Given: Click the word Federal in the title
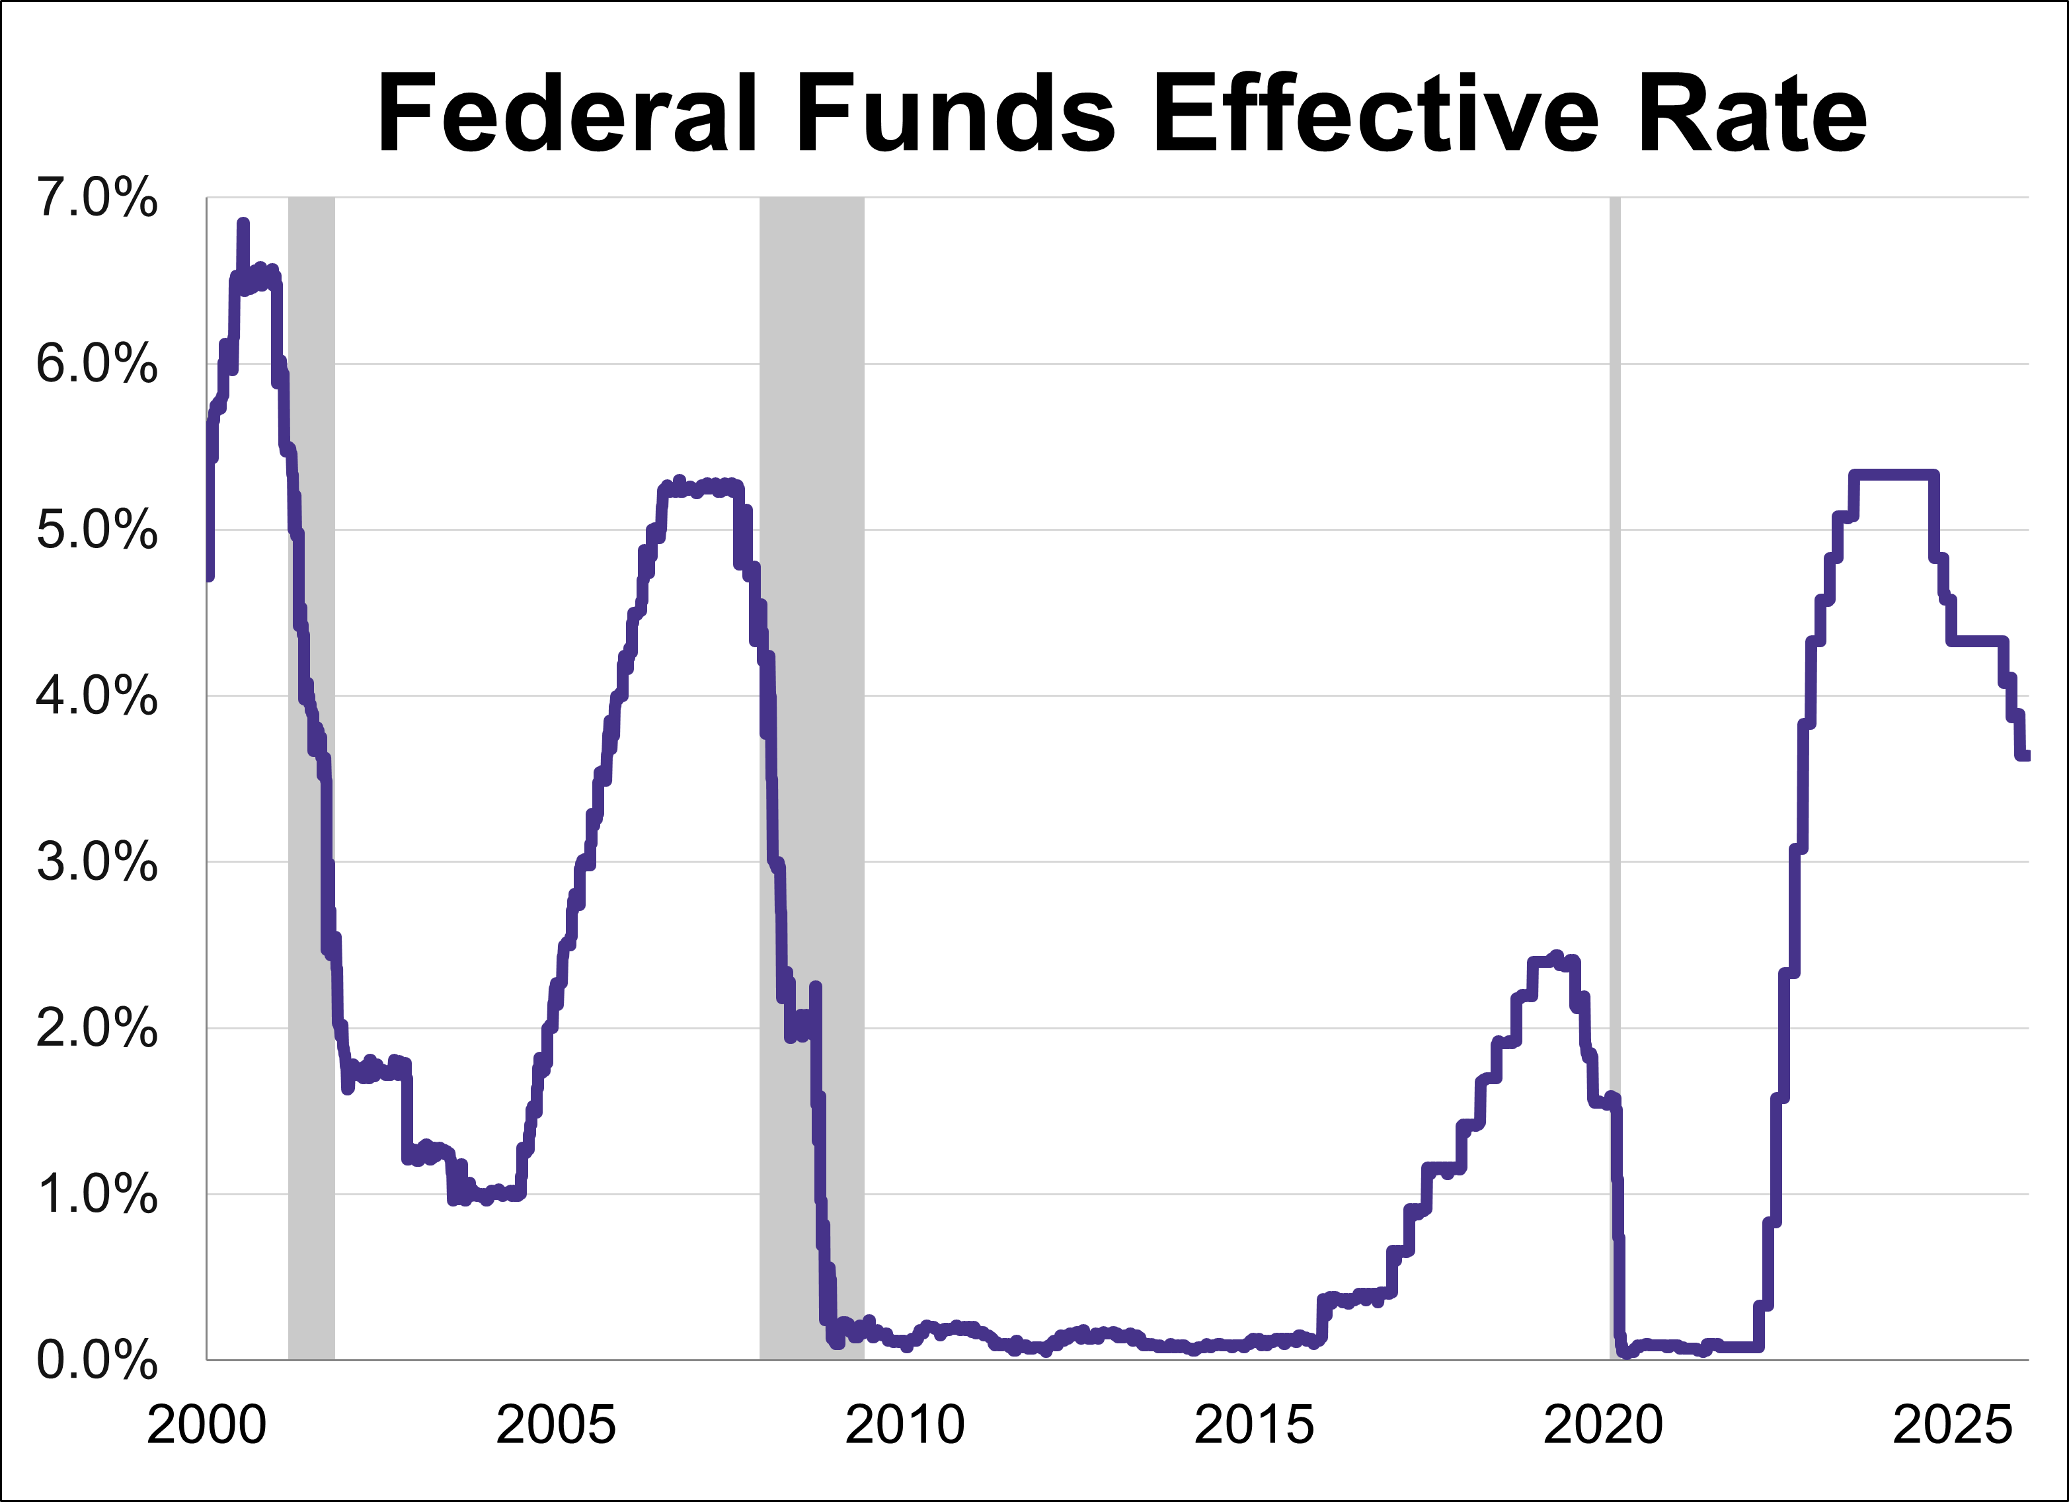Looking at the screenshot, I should pos(566,114).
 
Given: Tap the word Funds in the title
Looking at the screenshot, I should pos(955,114).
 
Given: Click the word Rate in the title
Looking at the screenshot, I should pos(1752,114).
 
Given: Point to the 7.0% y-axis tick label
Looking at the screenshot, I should pos(97,198).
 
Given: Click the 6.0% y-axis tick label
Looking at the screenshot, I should pos(97,364).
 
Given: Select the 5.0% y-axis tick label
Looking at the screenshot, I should pos(97,530).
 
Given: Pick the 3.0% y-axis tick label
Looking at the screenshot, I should pos(97,862).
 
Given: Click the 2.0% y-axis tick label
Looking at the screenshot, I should pos(97,1029).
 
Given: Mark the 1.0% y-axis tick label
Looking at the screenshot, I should pos(97,1195).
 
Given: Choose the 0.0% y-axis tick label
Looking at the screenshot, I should pos(97,1361).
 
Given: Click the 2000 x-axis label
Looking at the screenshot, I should pos(206,1425).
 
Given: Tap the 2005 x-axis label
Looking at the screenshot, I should pos(555,1425).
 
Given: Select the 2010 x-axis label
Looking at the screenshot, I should pos(904,1425).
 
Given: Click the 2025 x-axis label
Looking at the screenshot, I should pos(1951,1425).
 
